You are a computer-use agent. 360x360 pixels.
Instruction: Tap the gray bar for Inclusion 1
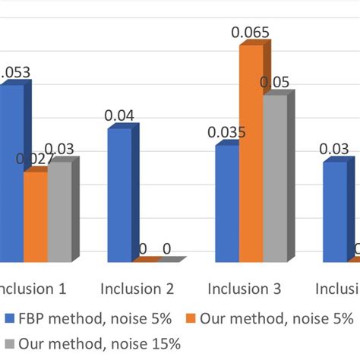(59, 213)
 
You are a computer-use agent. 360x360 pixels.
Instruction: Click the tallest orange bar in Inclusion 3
(251, 153)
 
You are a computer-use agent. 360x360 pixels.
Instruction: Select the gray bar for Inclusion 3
(275, 178)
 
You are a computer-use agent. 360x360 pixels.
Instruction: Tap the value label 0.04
(119, 115)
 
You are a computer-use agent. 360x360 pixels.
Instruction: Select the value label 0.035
(226, 133)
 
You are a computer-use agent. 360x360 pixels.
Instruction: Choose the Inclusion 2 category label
(137, 289)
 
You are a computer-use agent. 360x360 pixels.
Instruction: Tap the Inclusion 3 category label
(245, 289)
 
